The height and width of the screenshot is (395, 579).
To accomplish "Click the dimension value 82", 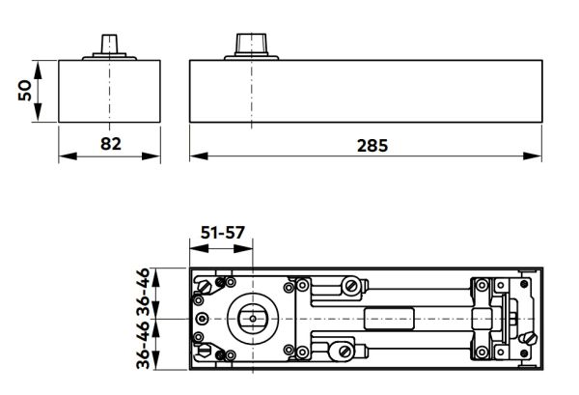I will tap(111, 145).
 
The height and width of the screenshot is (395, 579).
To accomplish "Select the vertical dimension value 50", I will tap(26, 91).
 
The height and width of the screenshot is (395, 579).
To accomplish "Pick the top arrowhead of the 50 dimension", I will tap(40, 68).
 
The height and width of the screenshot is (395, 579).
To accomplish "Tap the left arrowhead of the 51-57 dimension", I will tap(193, 249).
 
